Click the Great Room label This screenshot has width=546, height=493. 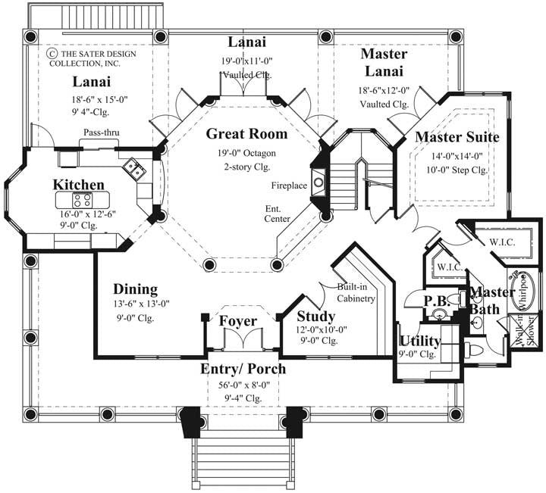pos(246,135)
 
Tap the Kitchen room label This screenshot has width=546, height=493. pos(78,185)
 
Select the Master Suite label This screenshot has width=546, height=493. pos(457,138)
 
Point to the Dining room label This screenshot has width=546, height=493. pos(136,289)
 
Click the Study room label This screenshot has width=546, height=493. pos(316,317)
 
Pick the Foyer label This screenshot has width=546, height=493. pos(238,321)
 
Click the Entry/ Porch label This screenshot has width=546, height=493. pos(243,369)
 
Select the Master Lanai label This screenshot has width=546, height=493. pos(384,64)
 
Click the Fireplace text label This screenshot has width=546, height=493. pos(289,184)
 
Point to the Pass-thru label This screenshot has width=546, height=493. pos(100,133)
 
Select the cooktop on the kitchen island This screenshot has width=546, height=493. pos(81,200)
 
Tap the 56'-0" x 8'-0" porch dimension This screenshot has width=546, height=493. pos(243,384)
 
